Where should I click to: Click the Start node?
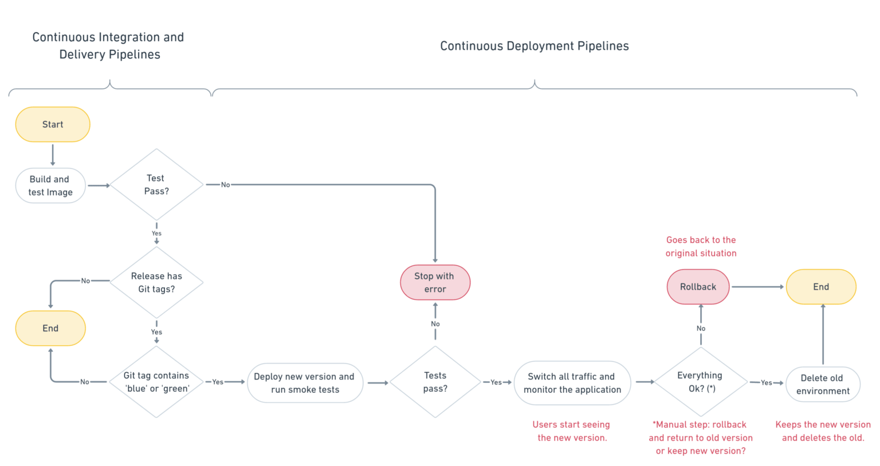point(53,124)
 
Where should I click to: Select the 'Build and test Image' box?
point(50,185)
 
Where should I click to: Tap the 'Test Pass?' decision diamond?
point(156,184)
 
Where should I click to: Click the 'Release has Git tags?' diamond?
point(156,282)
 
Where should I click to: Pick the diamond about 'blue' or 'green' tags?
point(156,382)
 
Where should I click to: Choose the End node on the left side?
point(50,328)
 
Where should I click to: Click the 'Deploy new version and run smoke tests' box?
point(305,382)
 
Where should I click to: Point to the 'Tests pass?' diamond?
point(435,382)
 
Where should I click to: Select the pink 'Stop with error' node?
point(435,282)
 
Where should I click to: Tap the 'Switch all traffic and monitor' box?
point(572,382)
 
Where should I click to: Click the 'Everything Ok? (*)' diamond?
point(700,382)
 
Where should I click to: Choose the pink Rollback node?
point(698,287)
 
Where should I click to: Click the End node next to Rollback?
point(820,287)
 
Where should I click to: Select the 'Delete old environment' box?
point(822,384)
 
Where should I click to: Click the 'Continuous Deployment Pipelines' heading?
point(534,46)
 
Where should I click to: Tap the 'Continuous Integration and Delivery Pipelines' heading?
point(108,46)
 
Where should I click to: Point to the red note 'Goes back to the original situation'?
point(701,246)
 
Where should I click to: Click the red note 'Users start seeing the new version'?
point(571,431)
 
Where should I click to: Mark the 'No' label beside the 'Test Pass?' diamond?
point(225,184)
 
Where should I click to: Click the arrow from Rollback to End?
point(757,287)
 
